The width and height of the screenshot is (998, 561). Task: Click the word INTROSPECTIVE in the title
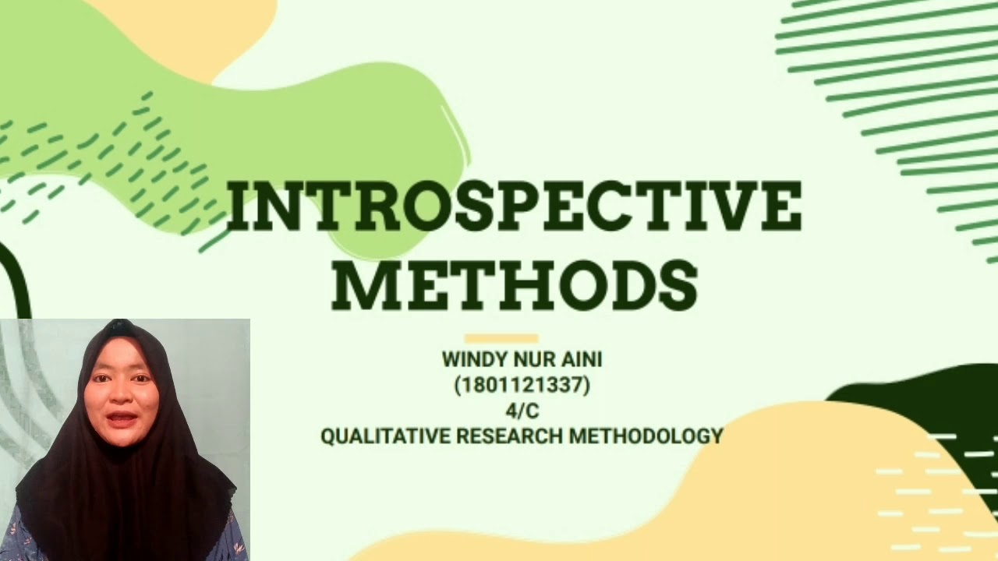coord(513,206)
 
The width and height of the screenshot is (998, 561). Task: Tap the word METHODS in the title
coord(515,284)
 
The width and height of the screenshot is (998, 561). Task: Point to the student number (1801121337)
coord(522,386)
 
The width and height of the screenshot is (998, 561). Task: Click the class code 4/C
coord(522,411)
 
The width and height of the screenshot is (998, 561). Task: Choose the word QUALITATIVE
coord(385,436)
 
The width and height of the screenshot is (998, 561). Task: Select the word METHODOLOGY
coord(646,436)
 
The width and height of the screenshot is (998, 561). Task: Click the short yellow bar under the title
coord(501,338)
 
